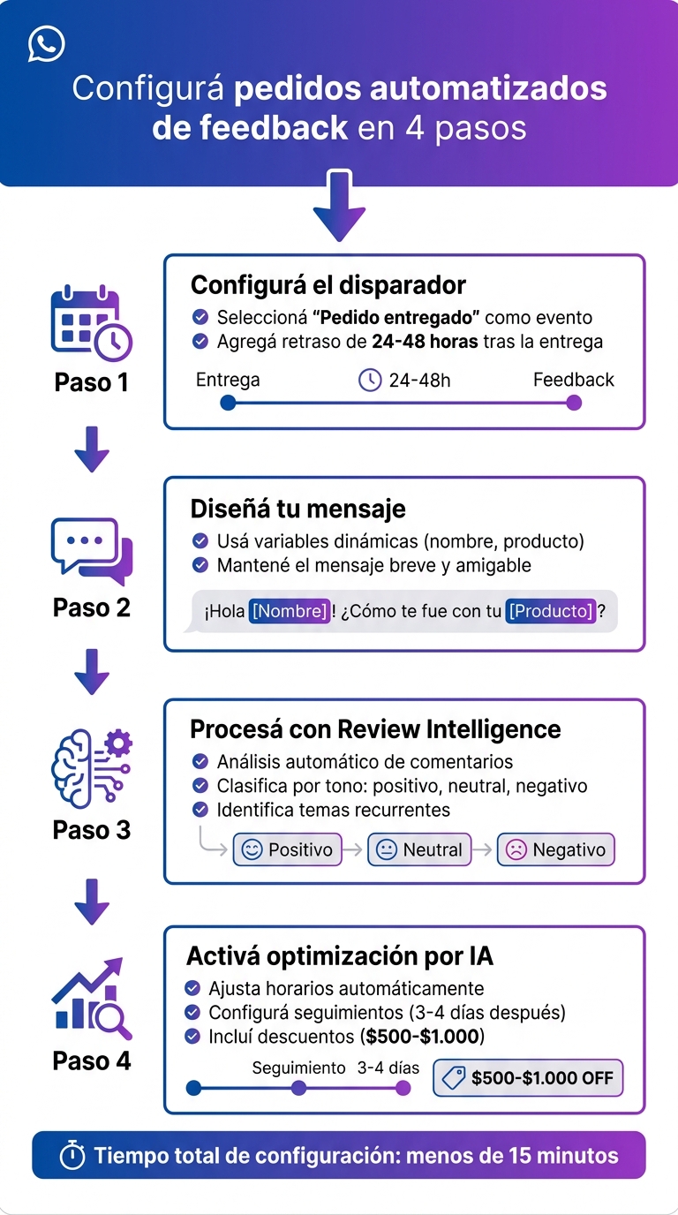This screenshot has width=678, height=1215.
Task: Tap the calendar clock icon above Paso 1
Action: [91, 323]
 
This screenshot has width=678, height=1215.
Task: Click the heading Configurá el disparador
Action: [328, 285]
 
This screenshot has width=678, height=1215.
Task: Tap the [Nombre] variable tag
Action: [290, 611]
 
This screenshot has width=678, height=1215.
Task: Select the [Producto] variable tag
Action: [551, 611]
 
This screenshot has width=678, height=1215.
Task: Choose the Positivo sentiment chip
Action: [287, 850]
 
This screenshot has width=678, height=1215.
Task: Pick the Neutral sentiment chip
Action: [419, 850]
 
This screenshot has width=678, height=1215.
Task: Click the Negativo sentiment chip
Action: [555, 850]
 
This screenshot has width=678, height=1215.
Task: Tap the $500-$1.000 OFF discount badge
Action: [528, 1078]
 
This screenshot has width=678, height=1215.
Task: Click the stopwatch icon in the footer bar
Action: [72, 1156]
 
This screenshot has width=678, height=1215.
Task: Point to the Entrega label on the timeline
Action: [228, 380]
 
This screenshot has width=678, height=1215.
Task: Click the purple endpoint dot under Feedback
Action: [574, 404]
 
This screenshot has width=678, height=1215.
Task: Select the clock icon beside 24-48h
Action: [369, 380]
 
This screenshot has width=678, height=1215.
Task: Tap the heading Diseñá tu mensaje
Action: [298, 509]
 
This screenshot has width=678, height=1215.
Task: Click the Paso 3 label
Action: [92, 830]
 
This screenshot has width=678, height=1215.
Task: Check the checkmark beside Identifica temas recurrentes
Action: [200, 810]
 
